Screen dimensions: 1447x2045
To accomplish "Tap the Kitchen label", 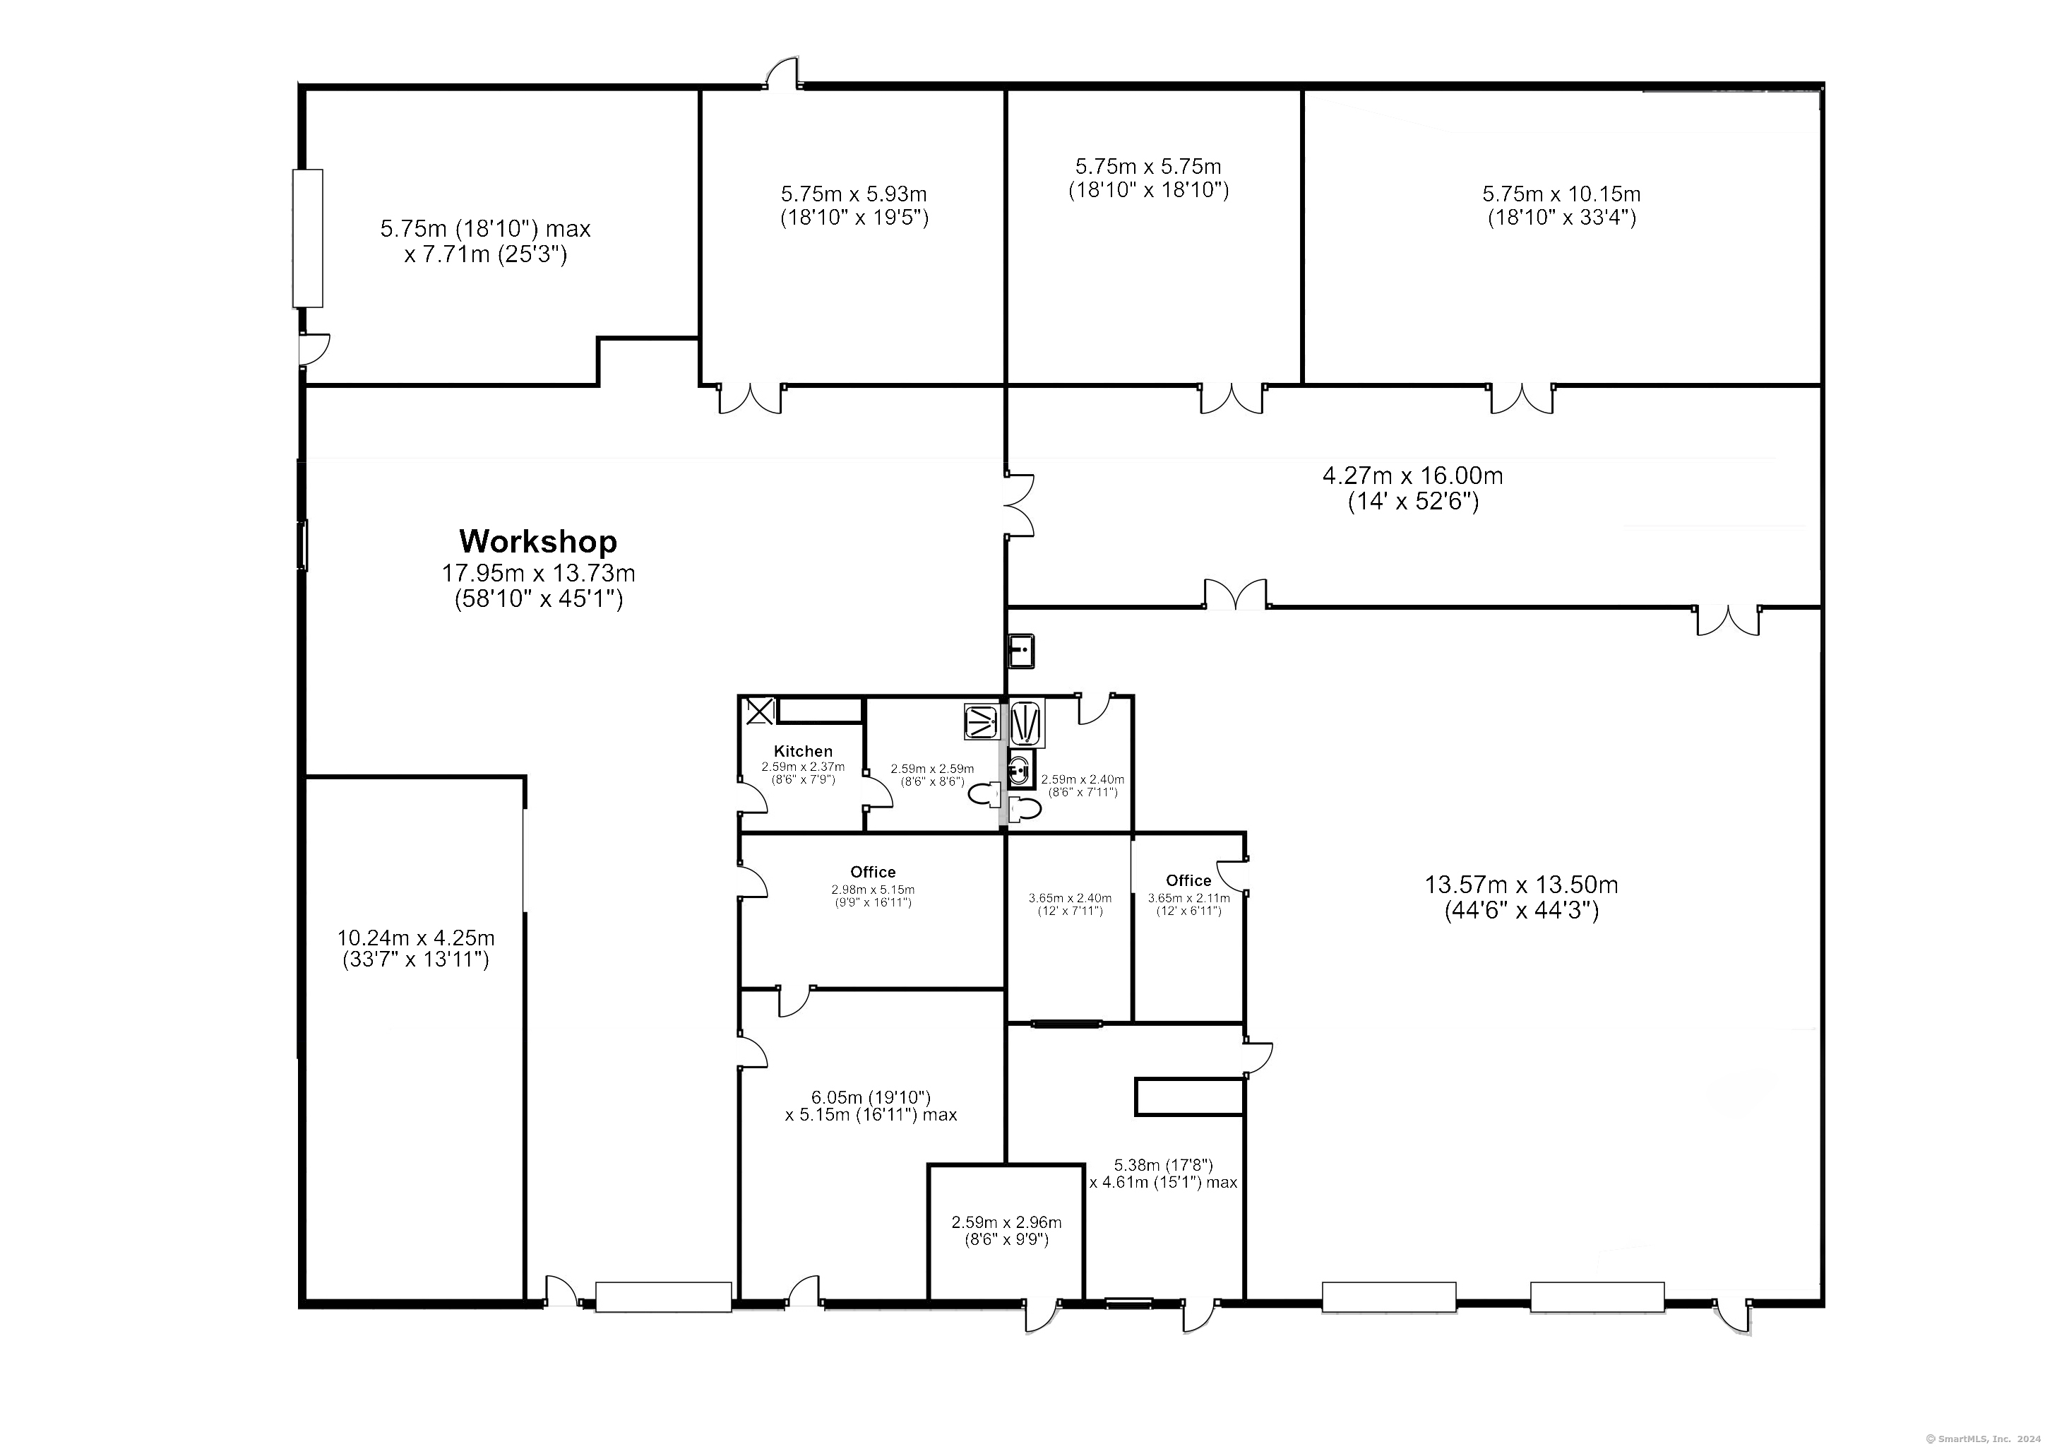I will pyautogui.click(x=802, y=751).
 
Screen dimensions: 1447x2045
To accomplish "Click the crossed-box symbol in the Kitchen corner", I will pyautogui.click(x=759, y=711).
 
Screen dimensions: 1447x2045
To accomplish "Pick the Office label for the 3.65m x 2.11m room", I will pyautogui.click(x=1188, y=880).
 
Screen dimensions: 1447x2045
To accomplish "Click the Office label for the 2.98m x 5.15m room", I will pyautogui.click(x=872, y=871).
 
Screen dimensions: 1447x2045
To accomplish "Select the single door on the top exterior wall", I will pyautogui.click(x=783, y=75).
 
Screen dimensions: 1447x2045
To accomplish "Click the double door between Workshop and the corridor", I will pyautogui.click(x=1020, y=505).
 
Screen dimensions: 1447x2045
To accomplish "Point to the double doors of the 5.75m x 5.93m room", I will pyautogui.click(x=751, y=398).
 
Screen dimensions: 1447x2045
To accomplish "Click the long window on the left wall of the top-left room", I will pyautogui.click(x=308, y=239).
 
